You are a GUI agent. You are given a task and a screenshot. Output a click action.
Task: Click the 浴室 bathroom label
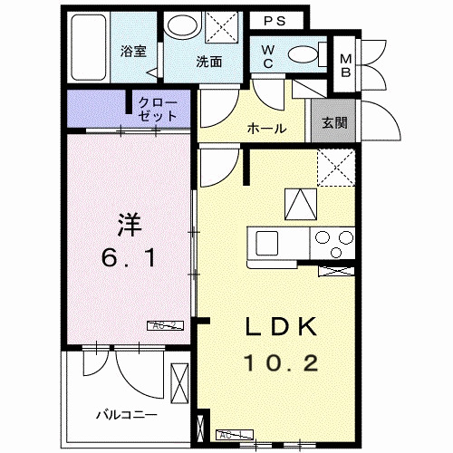[134, 51]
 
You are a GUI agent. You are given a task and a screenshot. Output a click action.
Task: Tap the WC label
[269, 56]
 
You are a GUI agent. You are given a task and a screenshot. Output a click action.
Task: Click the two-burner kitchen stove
[333, 243]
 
